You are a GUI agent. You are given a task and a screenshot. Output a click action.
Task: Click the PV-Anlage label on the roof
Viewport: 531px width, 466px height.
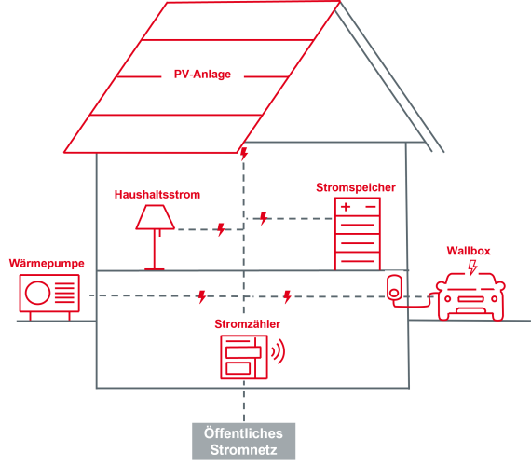click(x=202, y=75)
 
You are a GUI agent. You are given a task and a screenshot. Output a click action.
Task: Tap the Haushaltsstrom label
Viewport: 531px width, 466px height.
click(x=157, y=195)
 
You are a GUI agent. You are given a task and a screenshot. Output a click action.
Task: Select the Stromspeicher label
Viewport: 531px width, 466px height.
click(x=356, y=187)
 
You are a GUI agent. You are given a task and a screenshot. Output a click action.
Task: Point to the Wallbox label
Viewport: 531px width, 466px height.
click(x=469, y=251)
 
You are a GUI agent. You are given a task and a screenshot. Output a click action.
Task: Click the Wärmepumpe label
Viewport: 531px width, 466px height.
click(x=47, y=264)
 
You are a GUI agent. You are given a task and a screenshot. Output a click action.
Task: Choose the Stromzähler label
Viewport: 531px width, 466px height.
click(x=247, y=324)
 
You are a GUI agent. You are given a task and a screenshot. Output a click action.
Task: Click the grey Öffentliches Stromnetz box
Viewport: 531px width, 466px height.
click(x=243, y=441)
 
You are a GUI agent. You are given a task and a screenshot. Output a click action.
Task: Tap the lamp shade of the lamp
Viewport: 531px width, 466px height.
click(x=155, y=217)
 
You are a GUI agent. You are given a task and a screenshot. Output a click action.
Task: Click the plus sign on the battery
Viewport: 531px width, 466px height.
click(x=346, y=207)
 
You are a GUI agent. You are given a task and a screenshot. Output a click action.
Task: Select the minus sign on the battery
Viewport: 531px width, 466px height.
click(x=371, y=207)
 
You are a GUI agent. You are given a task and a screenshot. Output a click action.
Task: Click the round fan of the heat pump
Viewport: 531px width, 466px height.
click(x=37, y=293)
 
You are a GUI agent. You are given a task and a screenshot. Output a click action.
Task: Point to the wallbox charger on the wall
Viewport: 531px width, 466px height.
click(x=395, y=287)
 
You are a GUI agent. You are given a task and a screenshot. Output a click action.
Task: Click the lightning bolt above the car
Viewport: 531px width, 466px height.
click(x=472, y=267)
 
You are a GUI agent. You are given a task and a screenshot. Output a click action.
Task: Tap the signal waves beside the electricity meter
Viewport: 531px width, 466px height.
click(x=279, y=351)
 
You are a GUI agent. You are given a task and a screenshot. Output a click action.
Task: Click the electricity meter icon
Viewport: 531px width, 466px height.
click(x=244, y=357)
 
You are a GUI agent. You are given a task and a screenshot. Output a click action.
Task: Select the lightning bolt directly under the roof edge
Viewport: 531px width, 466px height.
click(x=244, y=154)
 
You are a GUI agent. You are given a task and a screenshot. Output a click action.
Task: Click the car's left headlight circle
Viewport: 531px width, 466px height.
click(x=448, y=298)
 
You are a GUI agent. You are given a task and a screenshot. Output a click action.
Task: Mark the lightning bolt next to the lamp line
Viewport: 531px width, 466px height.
click(x=221, y=229)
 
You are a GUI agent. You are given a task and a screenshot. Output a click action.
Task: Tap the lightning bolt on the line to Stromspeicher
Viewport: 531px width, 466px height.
click(x=264, y=218)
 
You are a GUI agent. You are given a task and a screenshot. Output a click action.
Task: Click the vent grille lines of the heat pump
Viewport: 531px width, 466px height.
click(x=64, y=293)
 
